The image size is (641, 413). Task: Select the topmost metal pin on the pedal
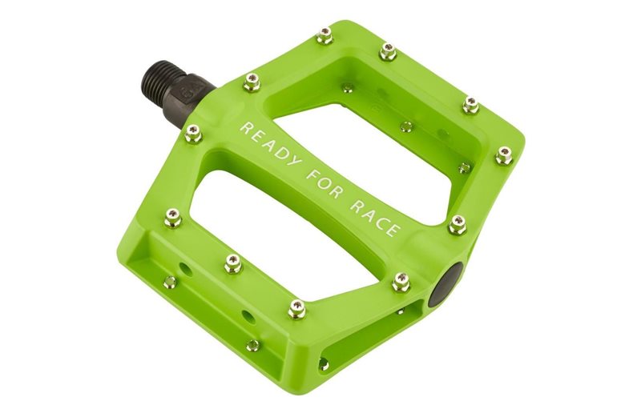tap(325, 34)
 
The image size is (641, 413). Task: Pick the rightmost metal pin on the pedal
tap(504, 154)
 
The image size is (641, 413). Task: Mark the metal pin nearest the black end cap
tap(401, 281)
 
